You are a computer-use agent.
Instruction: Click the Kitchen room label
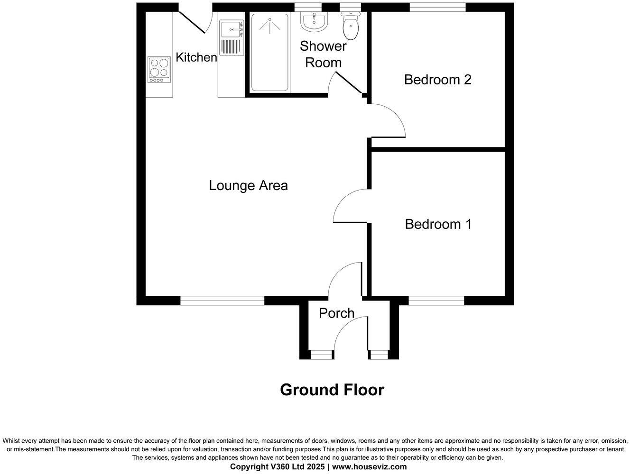pyautogui.click(x=196, y=57)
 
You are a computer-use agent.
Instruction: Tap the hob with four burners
pyautogui.click(x=159, y=70)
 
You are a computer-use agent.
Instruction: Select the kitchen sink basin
pyautogui.click(x=231, y=29)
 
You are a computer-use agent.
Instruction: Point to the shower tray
pyautogui.click(x=269, y=52)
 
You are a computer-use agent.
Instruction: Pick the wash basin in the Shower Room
pyautogui.click(x=314, y=21)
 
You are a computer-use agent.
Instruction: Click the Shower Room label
pyautogui.click(x=323, y=54)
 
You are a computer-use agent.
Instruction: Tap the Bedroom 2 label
pyautogui.click(x=437, y=79)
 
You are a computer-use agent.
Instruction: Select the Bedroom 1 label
pyautogui.click(x=438, y=224)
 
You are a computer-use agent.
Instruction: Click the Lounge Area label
pyautogui.click(x=248, y=185)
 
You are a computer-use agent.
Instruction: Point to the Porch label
pyautogui.click(x=336, y=313)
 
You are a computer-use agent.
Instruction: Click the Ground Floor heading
pyautogui.click(x=332, y=390)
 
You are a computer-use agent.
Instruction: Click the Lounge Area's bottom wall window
pyautogui.click(x=222, y=300)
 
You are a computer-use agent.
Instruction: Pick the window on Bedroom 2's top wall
pyautogui.click(x=437, y=7)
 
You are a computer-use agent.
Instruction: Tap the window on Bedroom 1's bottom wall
pyautogui.click(x=436, y=300)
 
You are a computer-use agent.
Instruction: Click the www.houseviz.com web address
pyautogui.click(x=369, y=467)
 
